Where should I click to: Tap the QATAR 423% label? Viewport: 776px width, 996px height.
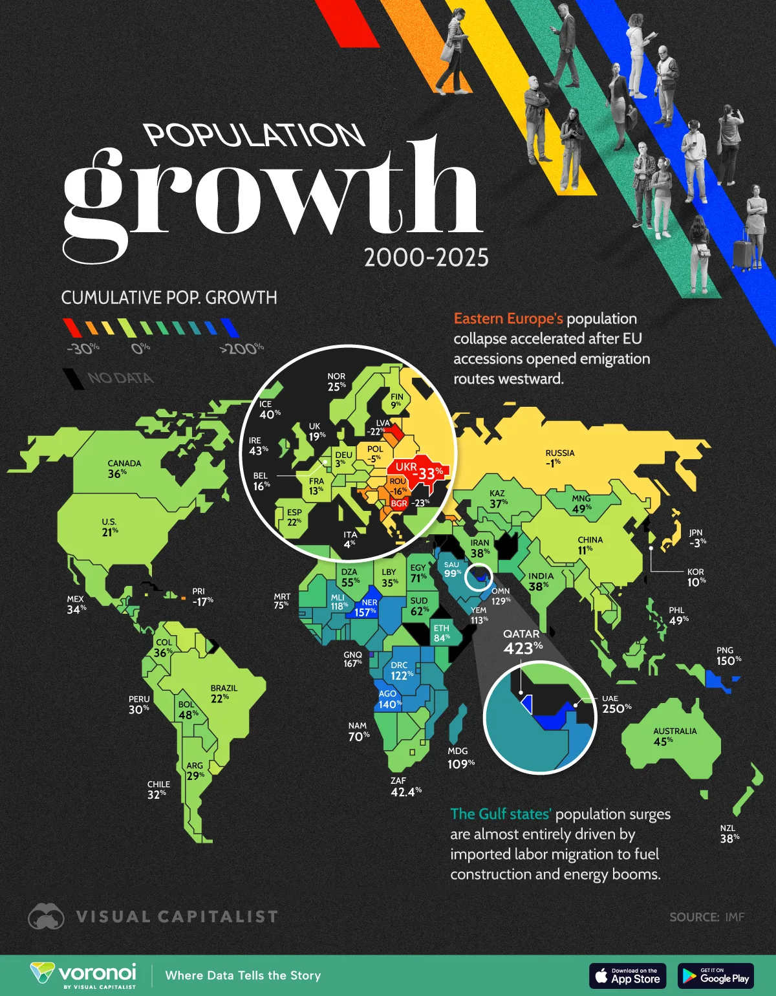coord(523,642)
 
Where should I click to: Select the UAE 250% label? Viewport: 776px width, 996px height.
coord(616,704)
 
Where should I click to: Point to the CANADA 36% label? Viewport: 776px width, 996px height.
coord(124,468)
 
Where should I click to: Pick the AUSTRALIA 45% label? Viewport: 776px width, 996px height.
coord(674,736)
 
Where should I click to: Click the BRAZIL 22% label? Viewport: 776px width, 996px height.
coord(224,693)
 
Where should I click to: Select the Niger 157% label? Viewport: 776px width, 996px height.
coord(366,607)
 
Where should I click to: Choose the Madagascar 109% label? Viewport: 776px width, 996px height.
coord(460,758)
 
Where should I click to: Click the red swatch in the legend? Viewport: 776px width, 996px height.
coord(72,327)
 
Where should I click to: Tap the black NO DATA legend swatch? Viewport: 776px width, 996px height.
coord(73,378)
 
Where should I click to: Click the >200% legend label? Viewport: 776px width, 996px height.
coord(242,349)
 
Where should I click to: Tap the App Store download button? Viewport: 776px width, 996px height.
coord(627,976)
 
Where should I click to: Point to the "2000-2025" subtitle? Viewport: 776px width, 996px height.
coord(426,258)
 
